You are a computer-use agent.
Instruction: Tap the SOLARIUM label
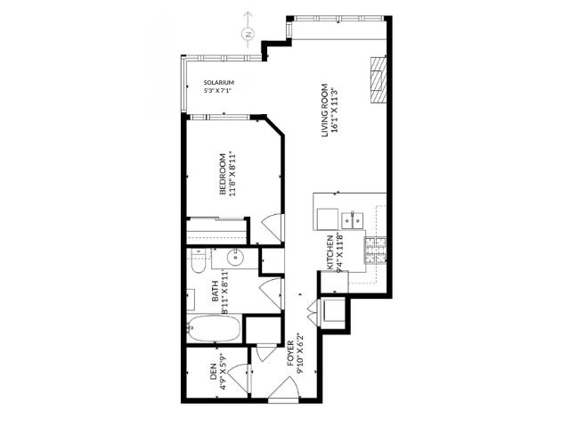click(x=218, y=82)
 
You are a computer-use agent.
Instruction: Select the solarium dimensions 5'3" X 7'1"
click(x=218, y=90)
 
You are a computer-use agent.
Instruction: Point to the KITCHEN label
click(x=330, y=252)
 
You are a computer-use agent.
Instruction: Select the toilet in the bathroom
click(x=198, y=260)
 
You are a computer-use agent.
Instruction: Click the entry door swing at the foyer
click(x=283, y=389)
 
